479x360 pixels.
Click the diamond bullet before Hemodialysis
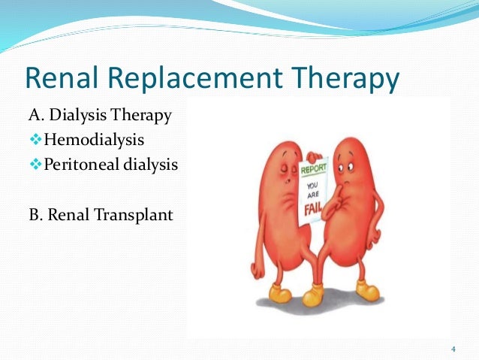(35, 140)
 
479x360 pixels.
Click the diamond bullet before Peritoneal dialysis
(35, 164)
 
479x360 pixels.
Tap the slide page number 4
(453, 348)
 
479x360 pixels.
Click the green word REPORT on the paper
(314, 170)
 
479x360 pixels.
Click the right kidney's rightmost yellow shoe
(369, 290)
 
